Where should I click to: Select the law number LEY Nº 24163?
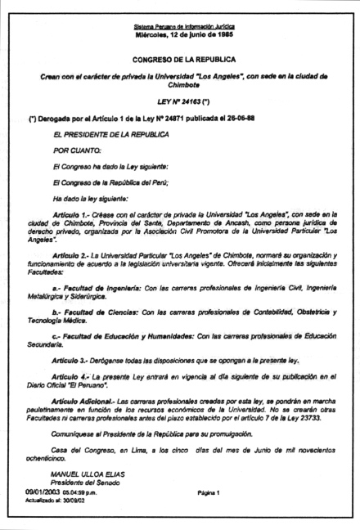tap(175, 107)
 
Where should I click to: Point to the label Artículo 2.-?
tap(74, 258)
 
